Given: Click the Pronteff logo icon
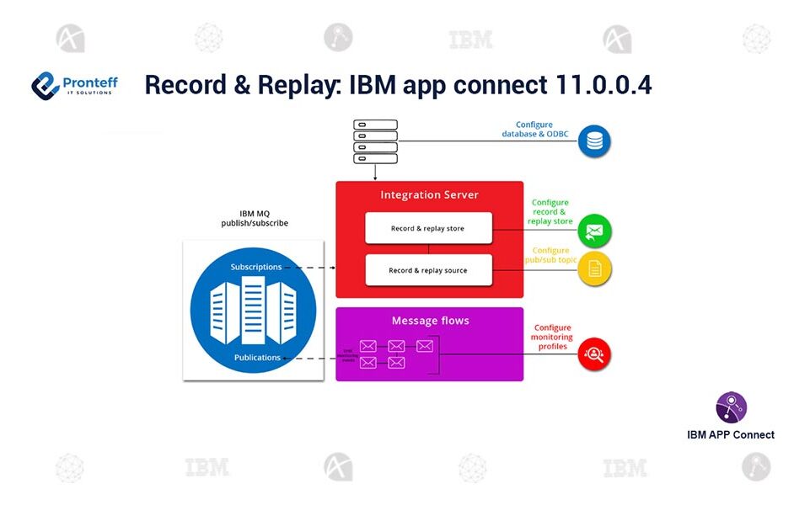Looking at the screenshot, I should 45,85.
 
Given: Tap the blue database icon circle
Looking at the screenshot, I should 595,141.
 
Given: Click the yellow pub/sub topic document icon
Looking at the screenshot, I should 595,269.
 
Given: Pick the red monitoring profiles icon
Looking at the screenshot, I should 595,354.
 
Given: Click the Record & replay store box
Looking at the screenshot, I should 427,228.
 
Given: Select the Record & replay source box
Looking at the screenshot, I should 427,270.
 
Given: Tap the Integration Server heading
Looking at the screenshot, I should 429,195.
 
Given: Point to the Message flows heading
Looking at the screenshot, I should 430,321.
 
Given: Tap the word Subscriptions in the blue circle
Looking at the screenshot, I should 256,268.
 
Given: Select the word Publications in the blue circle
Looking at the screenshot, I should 257,358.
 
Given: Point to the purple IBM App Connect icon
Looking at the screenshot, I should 731,407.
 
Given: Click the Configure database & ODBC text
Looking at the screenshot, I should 534,130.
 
